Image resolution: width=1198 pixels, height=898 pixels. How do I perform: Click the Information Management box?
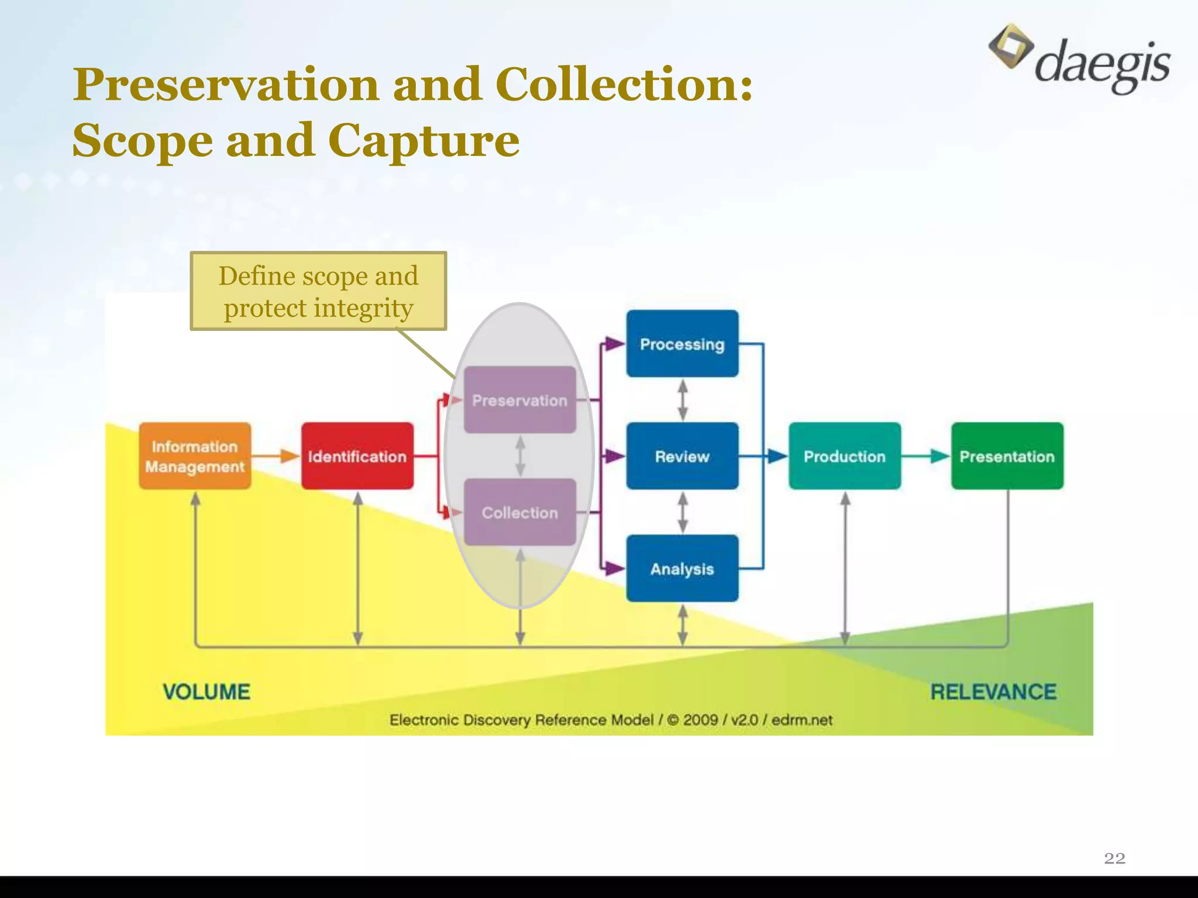(195, 456)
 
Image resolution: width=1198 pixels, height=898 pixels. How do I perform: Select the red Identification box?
(357, 456)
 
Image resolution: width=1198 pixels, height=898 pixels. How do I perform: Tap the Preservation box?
(519, 400)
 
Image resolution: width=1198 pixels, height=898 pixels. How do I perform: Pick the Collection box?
(519, 512)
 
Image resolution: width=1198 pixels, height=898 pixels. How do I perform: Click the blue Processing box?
(682, 344)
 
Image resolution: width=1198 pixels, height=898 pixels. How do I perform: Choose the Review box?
(682, 456)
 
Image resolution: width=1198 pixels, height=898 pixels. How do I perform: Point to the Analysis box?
(682, 568)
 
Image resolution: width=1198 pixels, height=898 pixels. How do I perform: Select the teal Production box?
(845, 456)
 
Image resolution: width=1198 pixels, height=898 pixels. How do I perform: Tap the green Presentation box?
(1007, 456)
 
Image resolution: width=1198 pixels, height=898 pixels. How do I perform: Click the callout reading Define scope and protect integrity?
(318, 291)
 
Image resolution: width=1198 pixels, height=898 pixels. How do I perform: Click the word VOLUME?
(206, 692)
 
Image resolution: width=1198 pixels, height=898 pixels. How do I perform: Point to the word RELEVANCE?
(993, 692)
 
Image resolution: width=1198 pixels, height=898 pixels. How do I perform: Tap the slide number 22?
(1114, 858)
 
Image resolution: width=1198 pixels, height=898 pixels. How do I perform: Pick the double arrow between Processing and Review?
(682, 400)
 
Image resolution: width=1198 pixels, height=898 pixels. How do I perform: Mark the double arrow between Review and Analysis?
(682, 512)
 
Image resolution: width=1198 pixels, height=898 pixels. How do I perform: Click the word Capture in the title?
(424, 141)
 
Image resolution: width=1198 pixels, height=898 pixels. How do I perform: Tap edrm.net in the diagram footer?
(801, 720)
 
